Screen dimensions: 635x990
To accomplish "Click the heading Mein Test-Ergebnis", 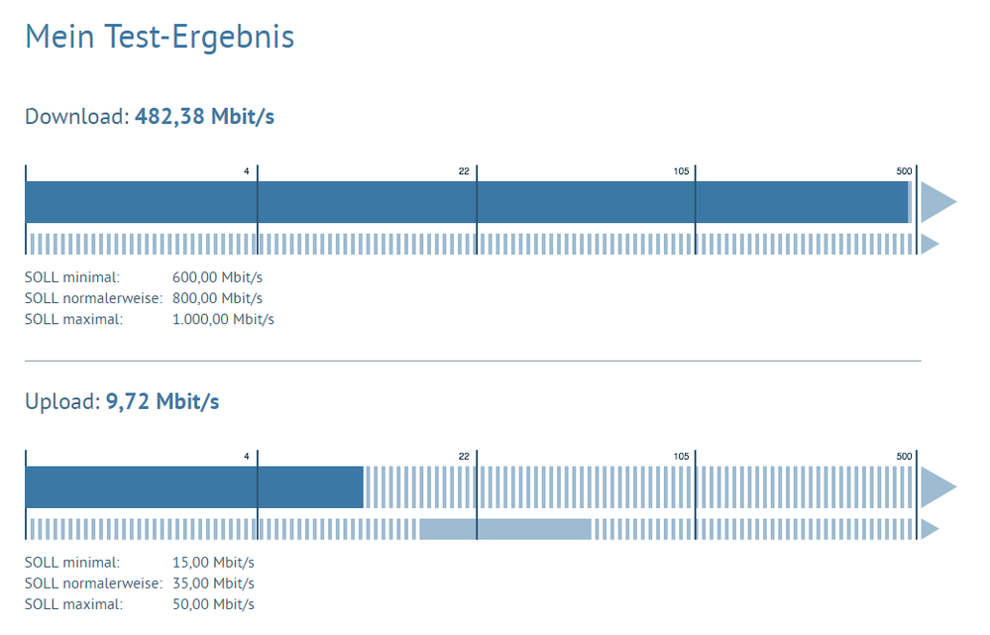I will (160, 37).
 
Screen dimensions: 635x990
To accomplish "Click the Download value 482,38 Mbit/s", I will (204, 117).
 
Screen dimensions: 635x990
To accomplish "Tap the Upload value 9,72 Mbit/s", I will (163, 402).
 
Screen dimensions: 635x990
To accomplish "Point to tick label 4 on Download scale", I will (247, 171).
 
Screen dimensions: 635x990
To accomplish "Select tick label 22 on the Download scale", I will (464, 171).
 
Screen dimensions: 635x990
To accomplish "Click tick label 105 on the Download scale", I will (681, 171).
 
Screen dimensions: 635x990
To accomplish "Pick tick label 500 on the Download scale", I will (904, 171).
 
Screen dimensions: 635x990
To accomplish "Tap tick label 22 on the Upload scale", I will (464, 457).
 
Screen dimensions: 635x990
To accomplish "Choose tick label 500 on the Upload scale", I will (904, 457).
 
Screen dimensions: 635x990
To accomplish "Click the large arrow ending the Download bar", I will (935, 202).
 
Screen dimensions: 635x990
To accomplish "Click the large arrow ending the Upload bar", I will (935, 487).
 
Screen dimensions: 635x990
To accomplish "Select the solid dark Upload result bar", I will (194, 487).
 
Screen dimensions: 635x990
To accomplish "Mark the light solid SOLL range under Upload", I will (505, 529).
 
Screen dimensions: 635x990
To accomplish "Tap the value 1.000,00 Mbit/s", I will (223, 319).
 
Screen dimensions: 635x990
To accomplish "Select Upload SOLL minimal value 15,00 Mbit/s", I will (213, 562).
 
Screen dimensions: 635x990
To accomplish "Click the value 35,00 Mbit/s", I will (213, 583).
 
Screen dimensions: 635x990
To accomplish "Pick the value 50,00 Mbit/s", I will (213, 604).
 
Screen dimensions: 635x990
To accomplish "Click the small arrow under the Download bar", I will (929, 244).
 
